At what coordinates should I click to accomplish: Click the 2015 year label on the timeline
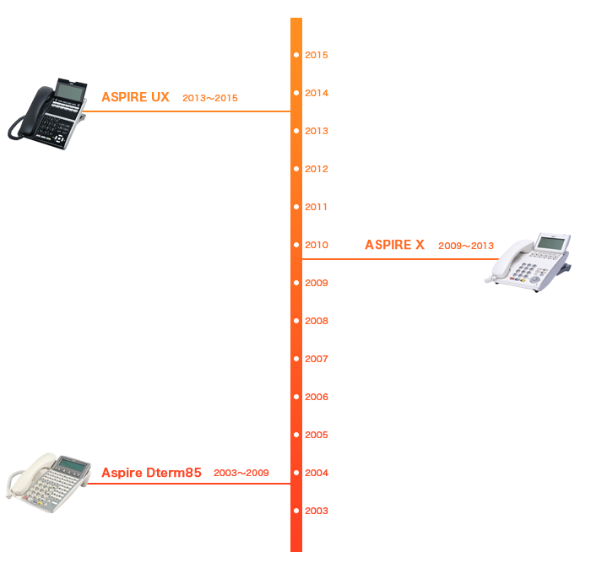click(x=316, y=55)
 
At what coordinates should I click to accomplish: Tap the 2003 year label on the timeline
click(x=316, y=511)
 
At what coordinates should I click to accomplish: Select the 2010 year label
click(x=316, y=245)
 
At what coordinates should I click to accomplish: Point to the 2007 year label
click(x=316, y=359)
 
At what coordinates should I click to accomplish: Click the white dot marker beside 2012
click(x=296, y=169)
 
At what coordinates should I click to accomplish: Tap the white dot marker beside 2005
click(x=296, y=435)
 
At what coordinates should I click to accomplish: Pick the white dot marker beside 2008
click(x=296, y=321)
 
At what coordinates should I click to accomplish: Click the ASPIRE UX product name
click(x=135, y=97)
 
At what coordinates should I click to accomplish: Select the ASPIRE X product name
click(x=394, y=245)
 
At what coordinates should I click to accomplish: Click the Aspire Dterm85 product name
click(x=151, y=473)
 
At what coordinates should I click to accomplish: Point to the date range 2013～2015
click(x=210, y=98)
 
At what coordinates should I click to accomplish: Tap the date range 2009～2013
click(x=466, y=246)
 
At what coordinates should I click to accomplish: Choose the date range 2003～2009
click(x=241, y=473)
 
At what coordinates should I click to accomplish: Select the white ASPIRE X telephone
click(x=532, y=263)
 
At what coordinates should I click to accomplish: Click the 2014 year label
click(x=316, y=93)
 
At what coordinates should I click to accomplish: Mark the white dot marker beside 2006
click(x=296, y=397)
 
